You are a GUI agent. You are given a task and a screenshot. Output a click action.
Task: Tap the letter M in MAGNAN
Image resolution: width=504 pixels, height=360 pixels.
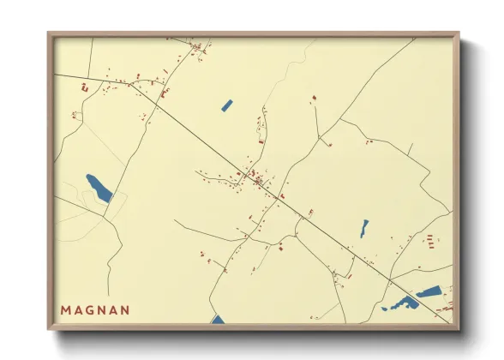pyautogui.click(x=65, y=309)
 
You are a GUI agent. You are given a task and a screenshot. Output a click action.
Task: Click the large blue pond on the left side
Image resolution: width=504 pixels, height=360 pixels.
pyautogui.click(x=99, y=188)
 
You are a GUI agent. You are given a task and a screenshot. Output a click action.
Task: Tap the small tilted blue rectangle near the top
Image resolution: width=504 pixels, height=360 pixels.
pyautogui.click(x=226, y=106)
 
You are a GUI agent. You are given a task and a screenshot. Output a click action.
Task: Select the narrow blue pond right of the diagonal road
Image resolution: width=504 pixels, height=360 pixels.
pyautogui.click(x=364, y=228)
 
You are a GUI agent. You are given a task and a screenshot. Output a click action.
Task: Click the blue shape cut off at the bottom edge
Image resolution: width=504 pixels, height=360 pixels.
pyautogui.click(x=218, y=320)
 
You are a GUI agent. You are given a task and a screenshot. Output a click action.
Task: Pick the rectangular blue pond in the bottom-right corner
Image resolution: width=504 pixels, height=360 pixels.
pyautogui.click(x=428, y=291)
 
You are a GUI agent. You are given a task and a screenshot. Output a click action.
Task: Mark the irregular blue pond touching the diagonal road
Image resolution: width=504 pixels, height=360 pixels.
pyautogui.click(x=401, y=303)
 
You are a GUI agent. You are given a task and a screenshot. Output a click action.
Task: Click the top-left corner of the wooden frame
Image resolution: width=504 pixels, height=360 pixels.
pyautogui.click(x=49, y=34)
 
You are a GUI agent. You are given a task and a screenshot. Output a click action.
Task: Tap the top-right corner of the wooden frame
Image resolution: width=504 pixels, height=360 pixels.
pyautogui.click(x=458, y=34)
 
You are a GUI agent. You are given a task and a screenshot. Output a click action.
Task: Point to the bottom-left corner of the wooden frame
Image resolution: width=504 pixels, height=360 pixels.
pyautogui.click(x=49, y=329)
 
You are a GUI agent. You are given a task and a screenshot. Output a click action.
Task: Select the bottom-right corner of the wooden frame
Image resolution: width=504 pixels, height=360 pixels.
pyautogui.click(x=458, y=329)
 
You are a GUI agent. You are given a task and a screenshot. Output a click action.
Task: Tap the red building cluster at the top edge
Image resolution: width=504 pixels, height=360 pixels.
pyautogui.click(x=200, y=46)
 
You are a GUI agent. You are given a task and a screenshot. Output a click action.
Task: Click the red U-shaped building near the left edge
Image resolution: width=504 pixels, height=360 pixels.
pyautogui.click(x=84, y=87)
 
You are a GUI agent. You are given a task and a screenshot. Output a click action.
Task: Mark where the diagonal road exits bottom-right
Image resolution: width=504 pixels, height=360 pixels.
pyautogui.click(x=447, y=321)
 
